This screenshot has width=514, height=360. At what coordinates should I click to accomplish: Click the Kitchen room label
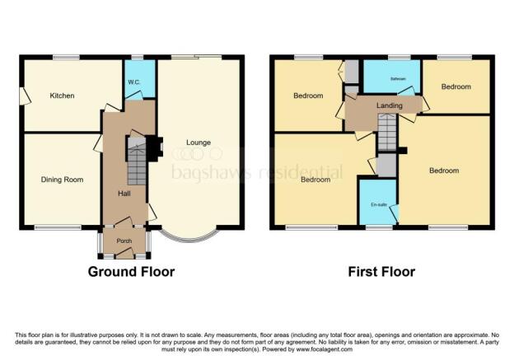62,96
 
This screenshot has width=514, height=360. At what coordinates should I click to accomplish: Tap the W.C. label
134,82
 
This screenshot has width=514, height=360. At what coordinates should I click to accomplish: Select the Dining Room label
62,179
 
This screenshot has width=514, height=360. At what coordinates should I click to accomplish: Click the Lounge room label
199,143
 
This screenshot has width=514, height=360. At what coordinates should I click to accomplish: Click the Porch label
124,241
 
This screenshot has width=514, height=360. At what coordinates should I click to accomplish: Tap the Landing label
390,105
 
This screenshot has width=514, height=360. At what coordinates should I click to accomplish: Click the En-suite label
380,204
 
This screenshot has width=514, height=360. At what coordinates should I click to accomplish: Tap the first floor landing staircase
387,129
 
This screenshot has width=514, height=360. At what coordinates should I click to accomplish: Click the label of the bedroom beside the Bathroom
456,87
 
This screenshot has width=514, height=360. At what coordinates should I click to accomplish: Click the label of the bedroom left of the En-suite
315,180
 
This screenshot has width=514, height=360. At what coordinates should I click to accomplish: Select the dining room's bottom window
56,227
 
